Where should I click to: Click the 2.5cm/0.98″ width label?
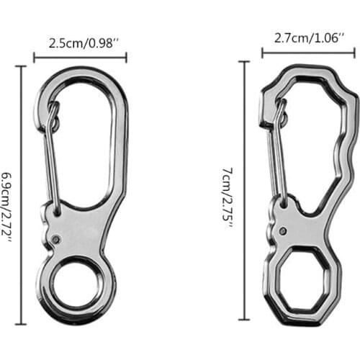(x=80, y=42)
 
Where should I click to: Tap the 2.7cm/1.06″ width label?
(x=307, y=36)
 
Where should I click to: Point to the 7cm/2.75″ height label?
(x=228, y=195)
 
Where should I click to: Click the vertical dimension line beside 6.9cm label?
(x=22, y=195)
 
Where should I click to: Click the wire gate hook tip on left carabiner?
(x=53, y=109)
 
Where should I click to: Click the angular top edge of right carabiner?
(x=310, y=69)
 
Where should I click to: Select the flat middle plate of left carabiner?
(x=83, y=230)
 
